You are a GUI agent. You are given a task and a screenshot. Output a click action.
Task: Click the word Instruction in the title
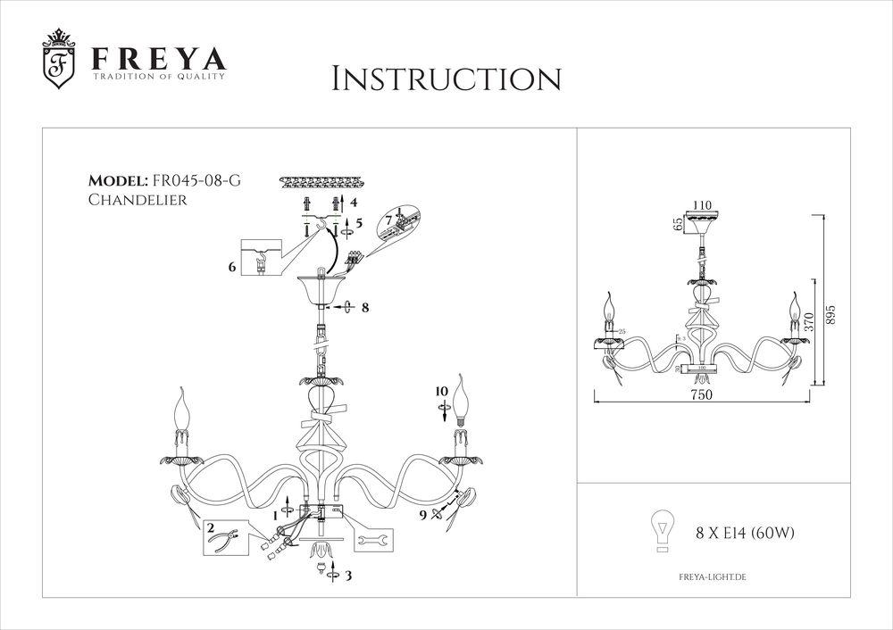446,79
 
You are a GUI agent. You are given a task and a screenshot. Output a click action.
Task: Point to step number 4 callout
354,203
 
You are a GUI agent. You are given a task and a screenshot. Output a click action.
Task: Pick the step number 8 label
364,308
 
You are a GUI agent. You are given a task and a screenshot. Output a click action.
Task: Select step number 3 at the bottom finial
348,576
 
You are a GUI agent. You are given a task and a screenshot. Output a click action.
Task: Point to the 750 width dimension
701,397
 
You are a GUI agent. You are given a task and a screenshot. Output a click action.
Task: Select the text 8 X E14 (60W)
745,534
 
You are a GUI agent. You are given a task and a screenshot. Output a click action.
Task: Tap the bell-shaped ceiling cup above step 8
320,288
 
